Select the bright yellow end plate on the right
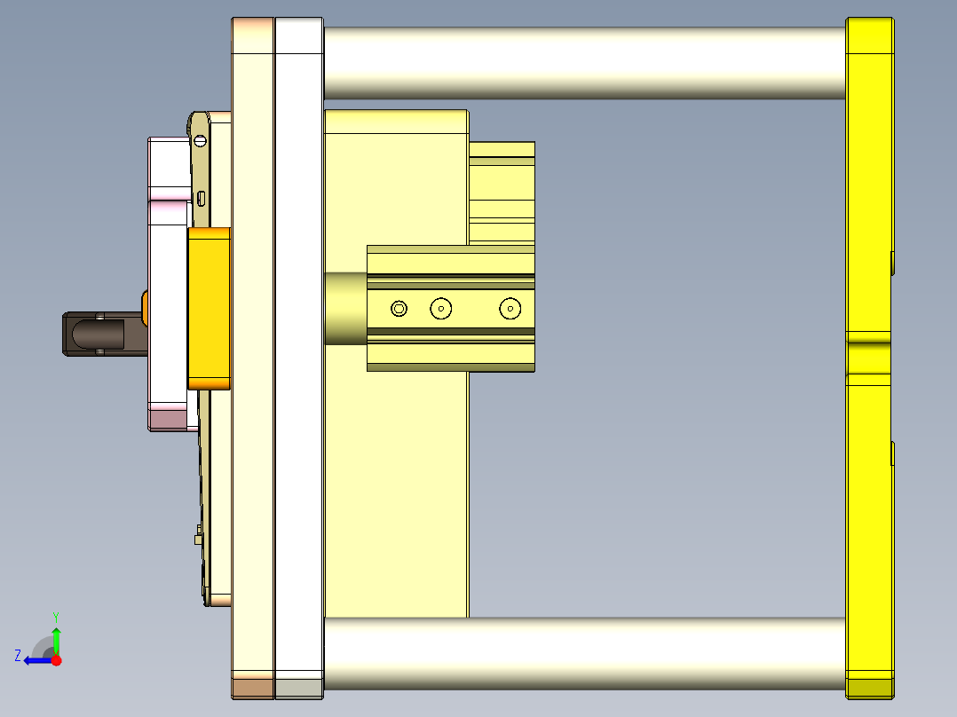(x=868, y=177)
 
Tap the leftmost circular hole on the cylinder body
(x=399, y=309)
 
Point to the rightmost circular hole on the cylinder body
(x=510, y=309)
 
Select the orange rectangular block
(x=210, y=307)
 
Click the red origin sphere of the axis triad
(x=56, y=660)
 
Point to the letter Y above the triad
(x=56, y=616)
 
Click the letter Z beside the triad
(x=18, y=656)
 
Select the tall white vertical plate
(x=299, y=355)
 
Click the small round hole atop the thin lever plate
(x=201, y=140)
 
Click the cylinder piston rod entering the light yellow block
(x=345, y=309)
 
